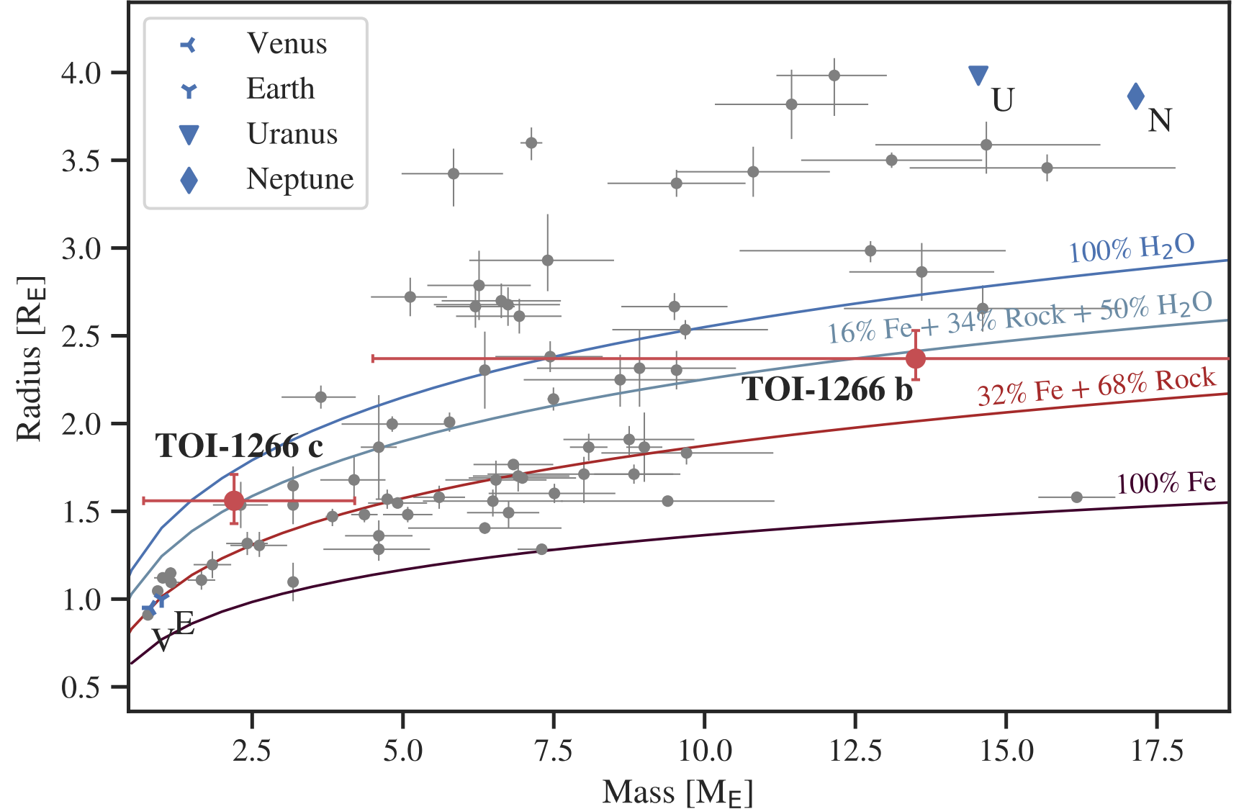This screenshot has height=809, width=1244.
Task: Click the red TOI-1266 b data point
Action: pyautogui.click(x=915, y=358)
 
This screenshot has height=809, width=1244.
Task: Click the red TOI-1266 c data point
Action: pyautogui.click(x=234, y=500)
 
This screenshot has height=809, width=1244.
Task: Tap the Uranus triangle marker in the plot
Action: pyautogui.click(x=978, y=75)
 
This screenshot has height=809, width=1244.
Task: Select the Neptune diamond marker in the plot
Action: pyautogui.click(x=1135, y=96)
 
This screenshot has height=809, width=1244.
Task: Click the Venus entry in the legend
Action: pyautogui.click(x=286, y=44)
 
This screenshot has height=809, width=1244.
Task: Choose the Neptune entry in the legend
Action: pyautogui.click(x=299, y=179)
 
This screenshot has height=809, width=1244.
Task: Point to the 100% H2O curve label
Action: pyautogui.click(x=1131, y=249)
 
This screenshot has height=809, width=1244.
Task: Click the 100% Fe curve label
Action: pyautogui.click(x=1166, y=483)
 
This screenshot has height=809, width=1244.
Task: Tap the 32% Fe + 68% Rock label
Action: pyautogui.click(x=1096, y=387)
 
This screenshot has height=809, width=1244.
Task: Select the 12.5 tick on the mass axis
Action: pyautogui.click(x=855, y=751)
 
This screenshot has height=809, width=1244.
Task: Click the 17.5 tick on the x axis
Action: pyautogui.click(x=1156, y=751)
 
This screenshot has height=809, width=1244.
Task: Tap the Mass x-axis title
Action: pyautogui.click(x=677, y=792)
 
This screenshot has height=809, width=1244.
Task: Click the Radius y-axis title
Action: pyautogui.click(x=30, y=358)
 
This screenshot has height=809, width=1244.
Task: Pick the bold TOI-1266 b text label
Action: pyautogui.click(x=827, y=389)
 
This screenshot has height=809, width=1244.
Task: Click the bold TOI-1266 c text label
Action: pyautogui.click(x=239, y=446)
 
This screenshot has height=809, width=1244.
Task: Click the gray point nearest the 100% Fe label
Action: pyautogui.click(x=1076, y=497)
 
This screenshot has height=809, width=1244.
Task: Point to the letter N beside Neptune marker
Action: pyautogui.click(x=1159, y=120)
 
